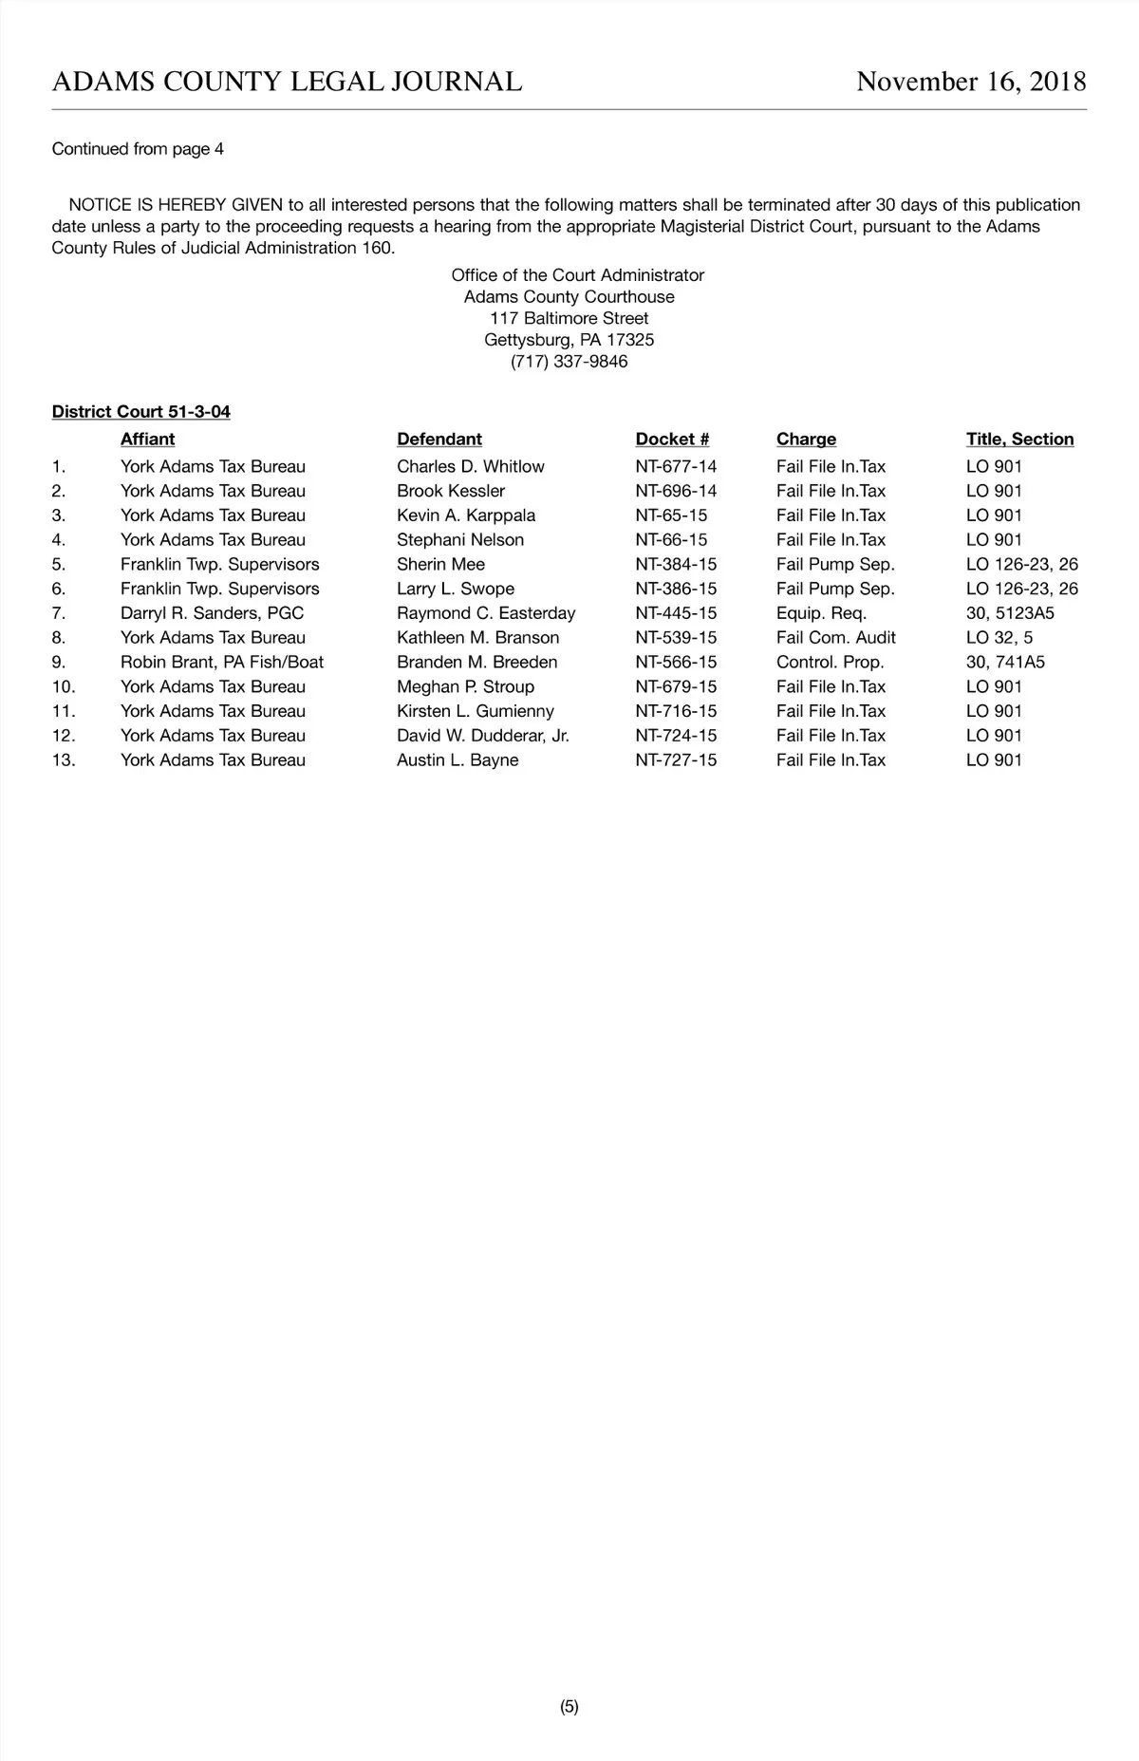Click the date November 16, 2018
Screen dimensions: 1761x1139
(970, 83)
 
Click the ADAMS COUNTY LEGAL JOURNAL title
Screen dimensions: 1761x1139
(287, 83)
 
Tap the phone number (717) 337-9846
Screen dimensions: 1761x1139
(569, 362)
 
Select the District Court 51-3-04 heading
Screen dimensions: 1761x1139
(141, 412)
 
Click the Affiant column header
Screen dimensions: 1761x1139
(147, 440)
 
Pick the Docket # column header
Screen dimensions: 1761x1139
(672, 440)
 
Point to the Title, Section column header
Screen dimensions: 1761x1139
(1019, 440)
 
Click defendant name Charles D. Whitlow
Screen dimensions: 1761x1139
(470, 467)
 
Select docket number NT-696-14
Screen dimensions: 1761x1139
(676, 491)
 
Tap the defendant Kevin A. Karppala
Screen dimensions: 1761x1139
(465, 515)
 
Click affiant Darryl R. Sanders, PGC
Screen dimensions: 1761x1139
(212, 613)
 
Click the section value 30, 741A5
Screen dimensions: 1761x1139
(1004, 663)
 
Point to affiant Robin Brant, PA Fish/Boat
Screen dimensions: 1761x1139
(221, 663)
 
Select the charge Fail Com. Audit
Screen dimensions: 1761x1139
(835, 638)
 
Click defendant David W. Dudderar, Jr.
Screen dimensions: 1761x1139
(482, 736)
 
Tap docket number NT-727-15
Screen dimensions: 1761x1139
(676, 760)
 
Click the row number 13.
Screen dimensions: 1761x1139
(64, 760)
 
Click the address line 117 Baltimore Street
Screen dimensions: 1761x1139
(569, 318)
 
